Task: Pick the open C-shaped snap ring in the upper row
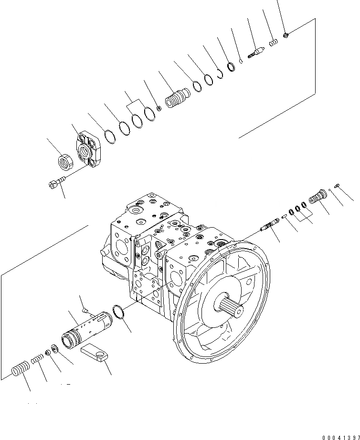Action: click(221, 73)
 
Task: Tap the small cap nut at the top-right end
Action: click(286, 34)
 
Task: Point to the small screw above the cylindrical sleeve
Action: click(85, 310)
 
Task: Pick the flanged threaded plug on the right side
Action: click(318, 197)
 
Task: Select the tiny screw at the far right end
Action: click(338, 186)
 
